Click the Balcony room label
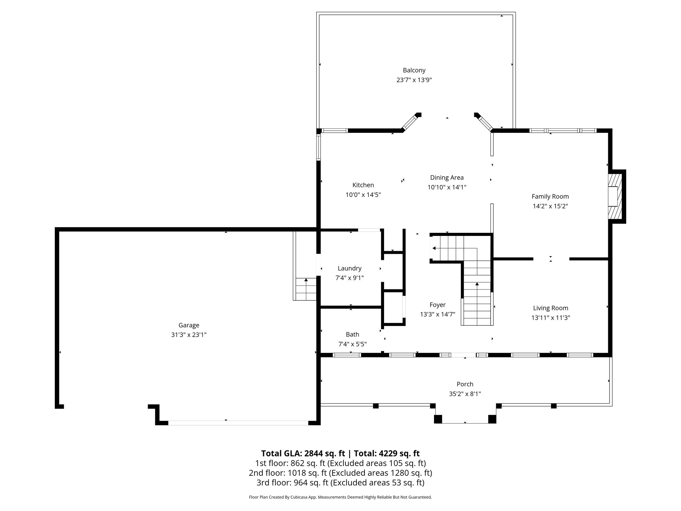pos(414,70)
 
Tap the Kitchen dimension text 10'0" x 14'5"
pos(363,195)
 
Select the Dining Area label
pos(447,178)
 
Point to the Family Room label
pos(550,196)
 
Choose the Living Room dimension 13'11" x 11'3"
pos(550,318)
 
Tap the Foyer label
pos(437,305)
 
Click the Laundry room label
pos(349,268)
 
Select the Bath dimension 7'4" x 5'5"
pos(352,344)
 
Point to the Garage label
pos(189,325)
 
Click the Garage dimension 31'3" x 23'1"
pos(189,335)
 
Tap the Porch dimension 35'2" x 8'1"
pos(465,394)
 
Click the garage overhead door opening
pos(238,423)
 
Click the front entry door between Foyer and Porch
pos(464,355)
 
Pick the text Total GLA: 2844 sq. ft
pos(303,453)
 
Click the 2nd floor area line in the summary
pos(340,473)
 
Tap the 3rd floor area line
pos(340,482)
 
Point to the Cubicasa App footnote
pos(340,497)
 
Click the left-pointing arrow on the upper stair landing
pos(434,248)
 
